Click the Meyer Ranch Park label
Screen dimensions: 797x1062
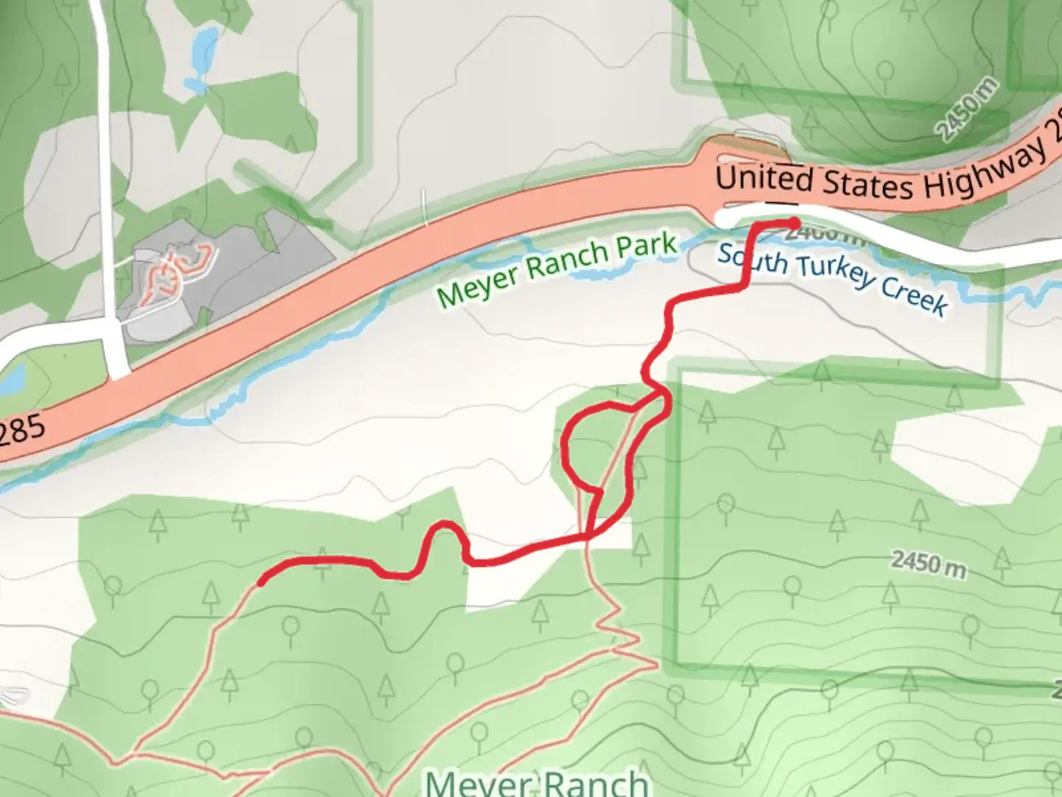click(557, 269)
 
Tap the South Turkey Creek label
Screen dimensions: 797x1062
click(832, 279)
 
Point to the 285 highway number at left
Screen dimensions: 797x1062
click(22, 431)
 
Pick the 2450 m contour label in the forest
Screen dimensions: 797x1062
click(928, 565)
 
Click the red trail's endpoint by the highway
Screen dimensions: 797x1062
click(794, 222)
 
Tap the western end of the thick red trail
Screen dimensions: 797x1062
click(261, 582)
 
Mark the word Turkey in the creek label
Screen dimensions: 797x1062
click(838, 276)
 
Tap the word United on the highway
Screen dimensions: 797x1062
click(764, 179)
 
